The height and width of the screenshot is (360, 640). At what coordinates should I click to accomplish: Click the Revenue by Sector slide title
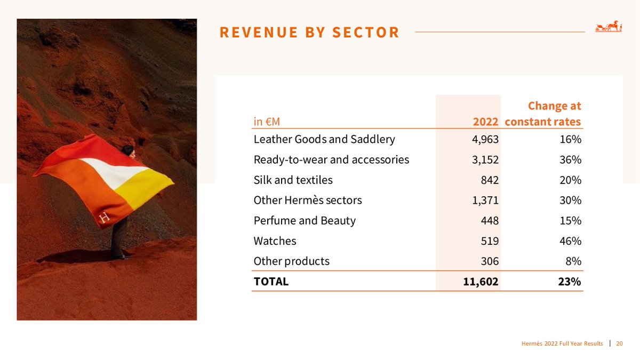pyautogui.click(x=309, y=33)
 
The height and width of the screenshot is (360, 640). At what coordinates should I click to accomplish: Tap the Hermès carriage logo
pyautogui.click(x=609, y=27)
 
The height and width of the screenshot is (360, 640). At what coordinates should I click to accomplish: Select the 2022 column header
pyautogui.click(x=485, y=122)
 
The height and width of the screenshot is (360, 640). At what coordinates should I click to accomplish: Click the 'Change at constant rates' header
pyautogui.click(x=543, y=114)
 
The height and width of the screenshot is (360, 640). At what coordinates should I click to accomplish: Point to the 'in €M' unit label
pyautogui.click(x=267, y=122)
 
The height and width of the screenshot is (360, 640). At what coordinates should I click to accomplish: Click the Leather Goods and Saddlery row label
pyautogui.click(x=324, y=140)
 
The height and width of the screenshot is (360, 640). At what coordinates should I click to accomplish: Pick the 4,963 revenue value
pyautogui.click(x=486, y=140)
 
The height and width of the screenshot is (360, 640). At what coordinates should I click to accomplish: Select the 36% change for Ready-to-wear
pyautogui.click(x=571, y=160)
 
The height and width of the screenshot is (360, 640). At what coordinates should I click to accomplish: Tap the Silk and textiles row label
pyautogui.click(x=293, y=180)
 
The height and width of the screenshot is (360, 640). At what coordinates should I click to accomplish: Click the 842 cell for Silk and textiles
pyautogui.click(x=489, y=180)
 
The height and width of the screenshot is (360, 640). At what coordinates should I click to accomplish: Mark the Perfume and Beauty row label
pyautogui.click(x=305, y=221)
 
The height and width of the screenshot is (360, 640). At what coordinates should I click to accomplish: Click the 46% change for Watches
pyautogui.click(x=571, y=241)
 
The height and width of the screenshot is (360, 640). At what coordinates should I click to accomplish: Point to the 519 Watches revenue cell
pyautogui.click(x=489, y=241)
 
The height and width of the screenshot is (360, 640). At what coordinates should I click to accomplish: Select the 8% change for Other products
pyautogui.click(x=574, y=261)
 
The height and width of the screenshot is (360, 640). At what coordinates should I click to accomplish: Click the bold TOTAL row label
pyautogui.click(x=271, y=282)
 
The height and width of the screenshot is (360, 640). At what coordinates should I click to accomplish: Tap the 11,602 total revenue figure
pyautogui.click(x=481, y=282)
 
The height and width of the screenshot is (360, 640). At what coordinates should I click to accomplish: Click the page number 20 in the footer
pyautogui.click(x=619, y=343)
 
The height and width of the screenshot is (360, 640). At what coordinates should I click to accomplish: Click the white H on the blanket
pyautogui.click(x=103, y=217)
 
